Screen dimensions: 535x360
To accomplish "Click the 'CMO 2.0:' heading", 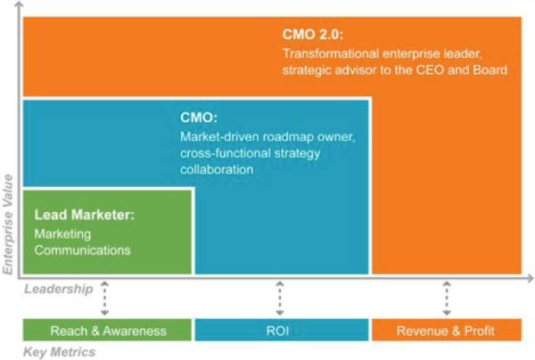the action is (313, 35).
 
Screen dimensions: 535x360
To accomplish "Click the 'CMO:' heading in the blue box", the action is (199, 118).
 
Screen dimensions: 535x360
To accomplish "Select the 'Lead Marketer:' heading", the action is (85, 215).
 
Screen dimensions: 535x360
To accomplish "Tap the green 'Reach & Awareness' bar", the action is (107, 330).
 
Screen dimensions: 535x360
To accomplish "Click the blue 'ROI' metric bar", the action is (282, 330).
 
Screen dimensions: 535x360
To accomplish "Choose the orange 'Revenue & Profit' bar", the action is (447, 330).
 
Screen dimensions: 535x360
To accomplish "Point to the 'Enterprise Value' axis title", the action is (7, 225).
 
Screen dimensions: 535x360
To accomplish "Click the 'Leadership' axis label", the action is (58, 289).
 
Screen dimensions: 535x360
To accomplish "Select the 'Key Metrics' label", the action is (59, 352).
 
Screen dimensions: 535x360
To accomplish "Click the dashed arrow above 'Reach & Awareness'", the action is (104, 299).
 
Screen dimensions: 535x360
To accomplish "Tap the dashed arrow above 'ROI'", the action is (280, 299).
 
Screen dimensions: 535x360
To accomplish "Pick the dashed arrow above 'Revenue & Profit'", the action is (447, 299).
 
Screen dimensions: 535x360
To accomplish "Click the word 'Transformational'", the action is (331, 53).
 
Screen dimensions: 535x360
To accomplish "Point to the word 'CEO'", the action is (430, 70).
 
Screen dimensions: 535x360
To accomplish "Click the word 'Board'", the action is (490, 70).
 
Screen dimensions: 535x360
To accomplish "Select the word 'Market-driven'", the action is (219, 136).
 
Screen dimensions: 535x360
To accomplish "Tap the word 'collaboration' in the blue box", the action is (217, 169).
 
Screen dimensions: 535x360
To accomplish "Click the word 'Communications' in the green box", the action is (83, 250).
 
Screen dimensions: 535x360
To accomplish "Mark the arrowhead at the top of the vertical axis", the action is (19, 4).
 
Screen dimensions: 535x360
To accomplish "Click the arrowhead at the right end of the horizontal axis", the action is (530, 278).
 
